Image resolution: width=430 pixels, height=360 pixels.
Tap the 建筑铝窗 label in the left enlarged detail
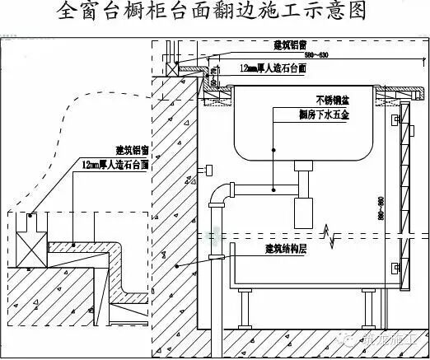pyautogui.click(x=132, y=151)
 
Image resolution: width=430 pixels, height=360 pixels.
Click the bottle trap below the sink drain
pyautogui.click(x=306, y=199)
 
